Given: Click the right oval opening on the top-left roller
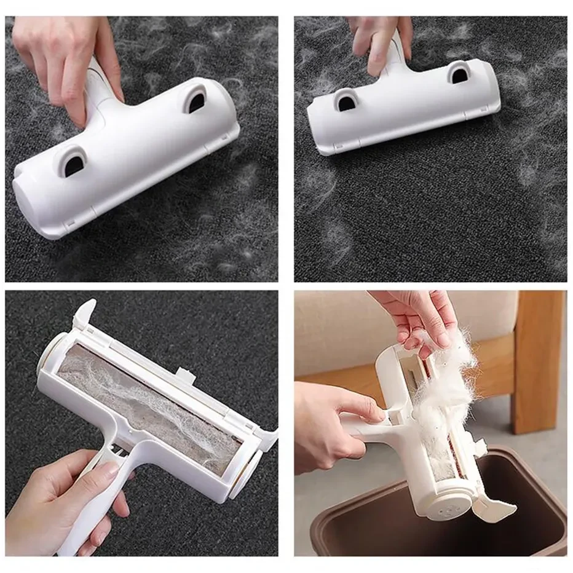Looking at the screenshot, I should pos(196,99).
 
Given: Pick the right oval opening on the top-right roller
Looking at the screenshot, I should pos(458,74).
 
